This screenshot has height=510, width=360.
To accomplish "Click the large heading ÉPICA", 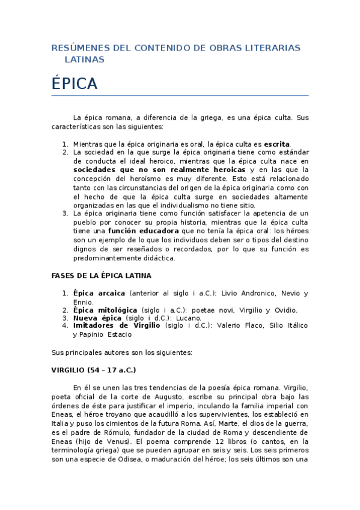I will tap(75, 84).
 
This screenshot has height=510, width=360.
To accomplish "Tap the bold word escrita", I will tap(276, 144).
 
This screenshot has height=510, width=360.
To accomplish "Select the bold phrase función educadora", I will tap(143, 230).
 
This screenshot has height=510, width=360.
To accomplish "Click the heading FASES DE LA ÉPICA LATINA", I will tap(101, 275).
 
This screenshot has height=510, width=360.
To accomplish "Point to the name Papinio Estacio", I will tap(105, 334).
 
